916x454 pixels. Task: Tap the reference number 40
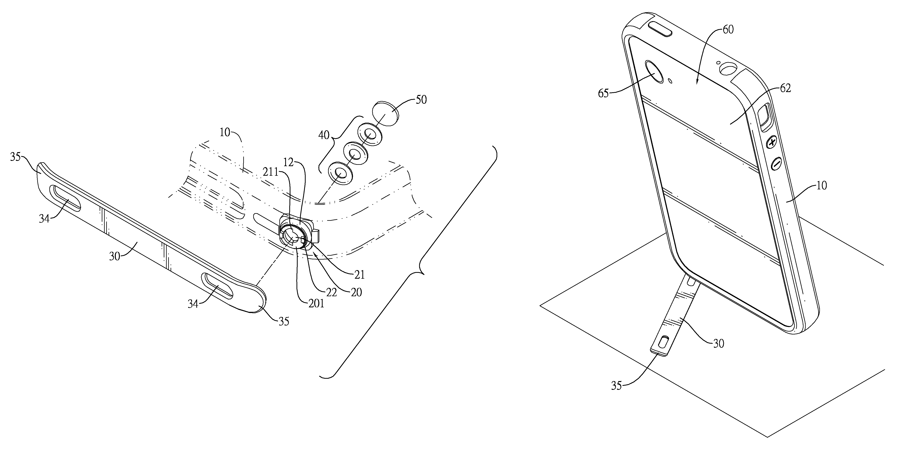[x=325, y=136]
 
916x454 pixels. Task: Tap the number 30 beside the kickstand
[x=718, y=343]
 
